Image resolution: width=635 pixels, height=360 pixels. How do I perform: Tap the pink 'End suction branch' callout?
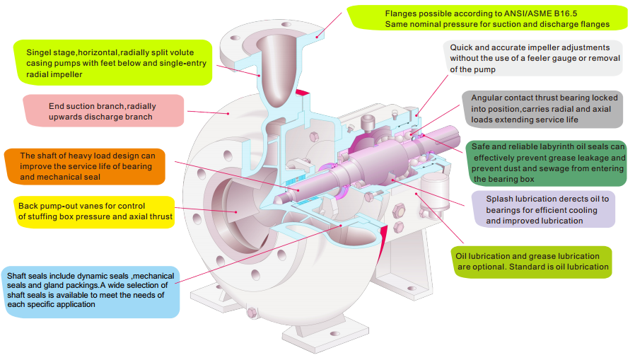(103, 111)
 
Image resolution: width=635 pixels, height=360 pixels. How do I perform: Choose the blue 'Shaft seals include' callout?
(90, 289)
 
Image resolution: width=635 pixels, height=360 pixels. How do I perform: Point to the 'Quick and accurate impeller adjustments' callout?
(535, 59)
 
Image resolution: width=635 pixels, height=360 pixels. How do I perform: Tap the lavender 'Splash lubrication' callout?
(541, 209)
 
